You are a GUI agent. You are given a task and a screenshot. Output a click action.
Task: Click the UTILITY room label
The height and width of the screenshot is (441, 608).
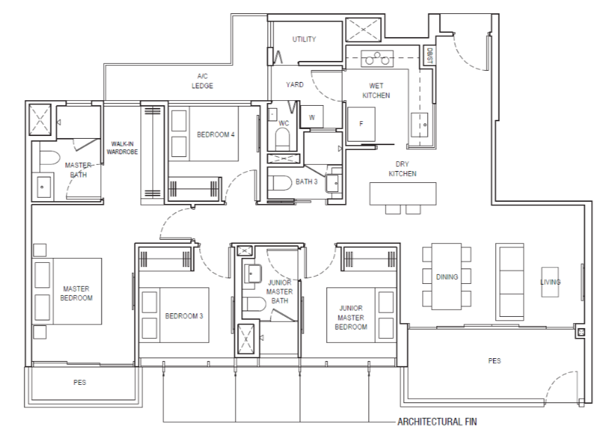click(304, 39)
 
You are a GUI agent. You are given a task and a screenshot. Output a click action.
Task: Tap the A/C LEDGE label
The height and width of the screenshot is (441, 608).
click(202, 81)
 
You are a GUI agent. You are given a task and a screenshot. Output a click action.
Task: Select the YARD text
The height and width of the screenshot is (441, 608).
click(295, 84)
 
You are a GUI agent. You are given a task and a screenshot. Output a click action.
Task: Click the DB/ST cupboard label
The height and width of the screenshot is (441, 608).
click(429, 55)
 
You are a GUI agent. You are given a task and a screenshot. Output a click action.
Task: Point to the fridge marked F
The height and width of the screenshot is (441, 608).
click(361, 124)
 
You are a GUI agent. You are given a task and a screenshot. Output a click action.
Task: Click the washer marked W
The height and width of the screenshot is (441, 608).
click(312, 116)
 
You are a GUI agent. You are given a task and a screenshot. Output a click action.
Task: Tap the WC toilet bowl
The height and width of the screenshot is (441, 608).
click(283, 138)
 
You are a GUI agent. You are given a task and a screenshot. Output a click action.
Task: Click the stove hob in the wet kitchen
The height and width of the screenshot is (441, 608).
click(377, 58)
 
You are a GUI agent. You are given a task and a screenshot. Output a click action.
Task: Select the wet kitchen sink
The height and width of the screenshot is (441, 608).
click(419, 125)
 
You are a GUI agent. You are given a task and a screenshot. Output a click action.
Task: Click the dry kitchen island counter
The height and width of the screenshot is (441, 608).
click(403, 194)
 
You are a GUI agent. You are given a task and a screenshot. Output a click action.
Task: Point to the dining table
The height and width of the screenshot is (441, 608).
click(447, 276)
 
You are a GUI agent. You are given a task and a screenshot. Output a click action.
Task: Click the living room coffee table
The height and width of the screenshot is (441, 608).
click(550, 282)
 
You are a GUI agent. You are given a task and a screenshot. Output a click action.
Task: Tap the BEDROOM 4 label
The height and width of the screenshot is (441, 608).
click(215, 135)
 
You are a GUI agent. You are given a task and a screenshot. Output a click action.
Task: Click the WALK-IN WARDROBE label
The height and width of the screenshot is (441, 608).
click(122, 148)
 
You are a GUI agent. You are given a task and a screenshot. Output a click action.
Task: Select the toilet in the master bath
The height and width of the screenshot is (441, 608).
click(50, 158)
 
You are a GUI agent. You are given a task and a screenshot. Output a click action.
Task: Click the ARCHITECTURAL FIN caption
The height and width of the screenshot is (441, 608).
click(437, 421)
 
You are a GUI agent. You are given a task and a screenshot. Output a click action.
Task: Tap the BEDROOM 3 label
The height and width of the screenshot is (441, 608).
click(184, 316)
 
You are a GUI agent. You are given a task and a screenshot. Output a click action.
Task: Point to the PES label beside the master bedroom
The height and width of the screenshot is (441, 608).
click(80, 383)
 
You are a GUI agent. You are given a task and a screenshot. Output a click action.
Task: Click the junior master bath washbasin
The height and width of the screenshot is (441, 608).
click(252, 274)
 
